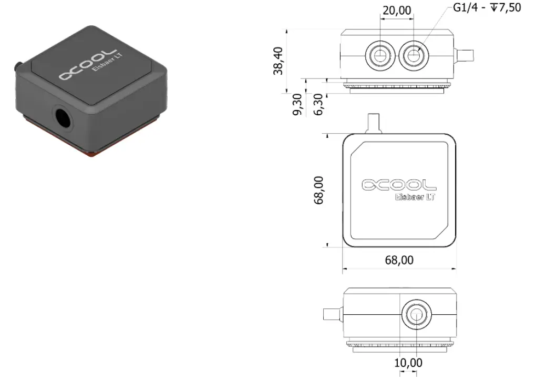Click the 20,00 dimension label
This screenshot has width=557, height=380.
tap(397, 10)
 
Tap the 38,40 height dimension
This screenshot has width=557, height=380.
tap(278, 61)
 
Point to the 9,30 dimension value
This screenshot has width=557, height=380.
tap(297, 104)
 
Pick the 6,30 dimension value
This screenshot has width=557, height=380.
tap(317, 104)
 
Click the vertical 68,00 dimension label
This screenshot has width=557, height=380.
tap(319, 190)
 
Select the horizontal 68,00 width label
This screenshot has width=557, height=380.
tap(398, 260)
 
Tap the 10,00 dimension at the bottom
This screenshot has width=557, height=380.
tap(408, 363)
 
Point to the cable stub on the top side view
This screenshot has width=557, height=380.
tap(466, 55)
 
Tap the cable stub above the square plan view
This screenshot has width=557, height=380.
tap(373, 123)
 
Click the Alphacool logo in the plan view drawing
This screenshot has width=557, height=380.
tap(399, 185)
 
